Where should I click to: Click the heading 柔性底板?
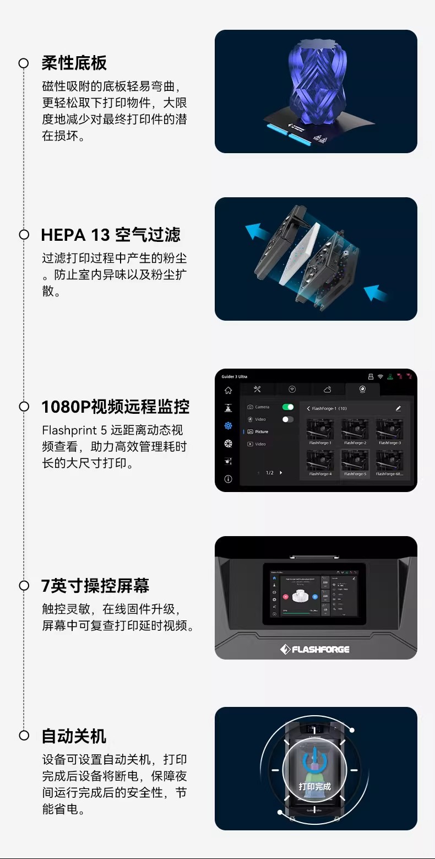[74, 63]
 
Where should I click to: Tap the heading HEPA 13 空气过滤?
[111, 235]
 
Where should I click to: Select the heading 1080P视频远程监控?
[116, 407]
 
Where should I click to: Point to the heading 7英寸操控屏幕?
[95, 586]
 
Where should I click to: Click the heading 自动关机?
[74, 736]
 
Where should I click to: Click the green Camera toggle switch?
[287, 407]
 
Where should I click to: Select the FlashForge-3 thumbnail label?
[389, 442]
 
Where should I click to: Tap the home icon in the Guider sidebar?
[228, 390]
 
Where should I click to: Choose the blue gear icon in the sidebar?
[228, 426]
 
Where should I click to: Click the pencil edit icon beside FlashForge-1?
[398, 408]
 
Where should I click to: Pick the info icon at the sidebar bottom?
[228, 479]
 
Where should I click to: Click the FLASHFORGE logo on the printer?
[315, 649]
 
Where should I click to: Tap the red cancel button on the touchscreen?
[285, 596]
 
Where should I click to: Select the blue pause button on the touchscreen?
[314, 596]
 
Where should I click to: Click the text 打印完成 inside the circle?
[315, 786]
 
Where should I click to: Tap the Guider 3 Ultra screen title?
[234, 377]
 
